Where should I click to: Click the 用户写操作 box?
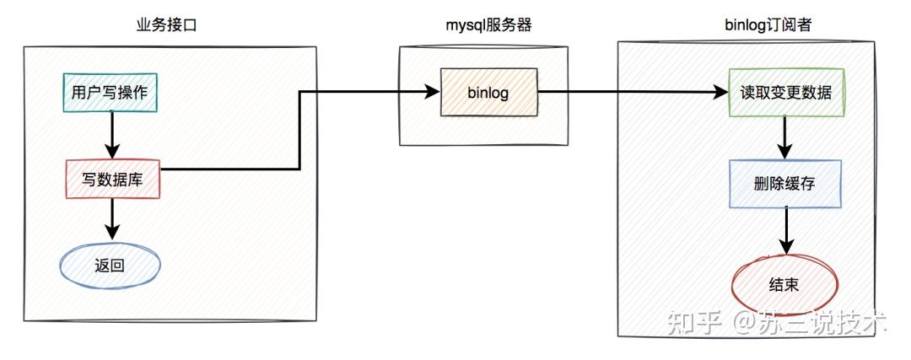(110, 93)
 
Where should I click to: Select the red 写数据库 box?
(113, 179)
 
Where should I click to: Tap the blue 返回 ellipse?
(110, 266)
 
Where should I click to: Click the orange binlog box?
(488, 92)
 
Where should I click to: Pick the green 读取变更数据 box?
(786, 93)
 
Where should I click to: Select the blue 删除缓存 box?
(785, 184)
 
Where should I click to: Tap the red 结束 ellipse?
(784, 284)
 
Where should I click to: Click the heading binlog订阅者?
(768, 25)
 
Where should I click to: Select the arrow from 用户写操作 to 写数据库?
(111, 135)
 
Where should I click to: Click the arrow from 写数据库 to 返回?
(111, 219)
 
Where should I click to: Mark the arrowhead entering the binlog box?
(432, 91)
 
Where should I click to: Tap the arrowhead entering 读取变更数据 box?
(721, 92)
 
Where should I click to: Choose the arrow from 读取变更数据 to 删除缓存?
(785, 138)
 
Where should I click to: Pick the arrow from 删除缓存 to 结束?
(787, 231)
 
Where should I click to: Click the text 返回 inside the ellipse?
(109, 266)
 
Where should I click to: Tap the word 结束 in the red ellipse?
(784, 284)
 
